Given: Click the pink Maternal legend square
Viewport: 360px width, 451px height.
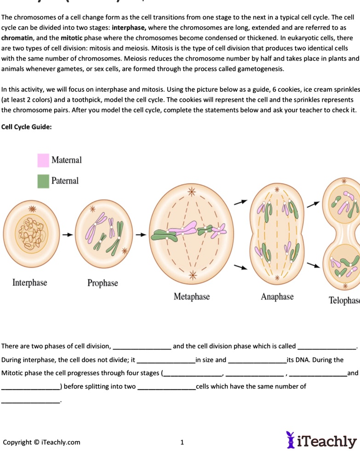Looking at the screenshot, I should tap(43, 160).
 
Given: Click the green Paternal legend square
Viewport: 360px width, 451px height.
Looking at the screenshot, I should tap(43, 181).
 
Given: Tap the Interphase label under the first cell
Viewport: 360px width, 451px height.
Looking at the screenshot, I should tap(30, 282).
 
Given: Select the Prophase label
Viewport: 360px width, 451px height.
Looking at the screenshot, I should tap(103, 283).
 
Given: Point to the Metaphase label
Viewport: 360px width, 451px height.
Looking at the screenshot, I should tap(191, 297).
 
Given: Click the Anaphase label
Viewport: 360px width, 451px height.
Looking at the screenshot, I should tap(277, 297).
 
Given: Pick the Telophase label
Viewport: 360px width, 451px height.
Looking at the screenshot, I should tap(344, 301).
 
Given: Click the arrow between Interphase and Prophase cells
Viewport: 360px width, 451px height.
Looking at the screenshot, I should tap(68, 235).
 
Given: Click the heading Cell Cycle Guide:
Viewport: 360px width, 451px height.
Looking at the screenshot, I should tap(27, 127).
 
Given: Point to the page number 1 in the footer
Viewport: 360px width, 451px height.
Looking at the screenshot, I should tap(182, 442).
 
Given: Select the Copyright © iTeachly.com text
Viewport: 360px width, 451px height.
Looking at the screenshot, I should tap(41, 442).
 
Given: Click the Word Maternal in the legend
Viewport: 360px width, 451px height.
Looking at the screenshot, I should tap(67, 160).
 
